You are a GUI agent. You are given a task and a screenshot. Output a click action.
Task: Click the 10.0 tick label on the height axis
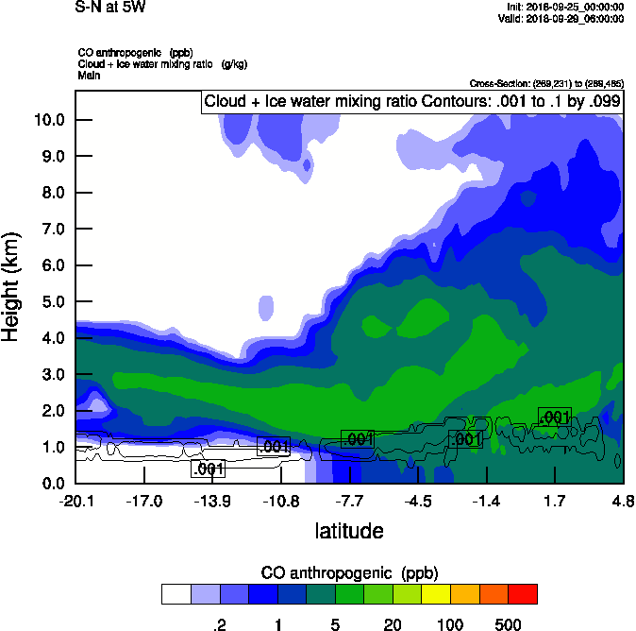click(x=49, y=120)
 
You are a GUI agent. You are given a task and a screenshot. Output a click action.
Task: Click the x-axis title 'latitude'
click(x=349, y=531)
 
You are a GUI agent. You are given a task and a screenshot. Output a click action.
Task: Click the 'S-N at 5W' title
click(x=110, y=7)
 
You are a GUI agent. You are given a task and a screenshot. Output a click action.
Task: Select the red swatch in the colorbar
click(x=522, y=593)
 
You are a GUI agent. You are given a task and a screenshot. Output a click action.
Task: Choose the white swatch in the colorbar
click(x=176, y=593)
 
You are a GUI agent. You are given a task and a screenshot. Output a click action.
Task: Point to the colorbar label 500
click(x=508, y=624)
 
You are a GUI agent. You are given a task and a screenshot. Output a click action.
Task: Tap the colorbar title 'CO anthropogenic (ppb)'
click(x=349, y=572)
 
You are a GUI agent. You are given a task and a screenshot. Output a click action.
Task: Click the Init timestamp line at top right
click(x=563, y=8)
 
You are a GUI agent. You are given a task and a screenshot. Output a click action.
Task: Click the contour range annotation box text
click(x=410, y=102)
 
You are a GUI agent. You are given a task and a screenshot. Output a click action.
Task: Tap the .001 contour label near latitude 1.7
click(x=553, y=417)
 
